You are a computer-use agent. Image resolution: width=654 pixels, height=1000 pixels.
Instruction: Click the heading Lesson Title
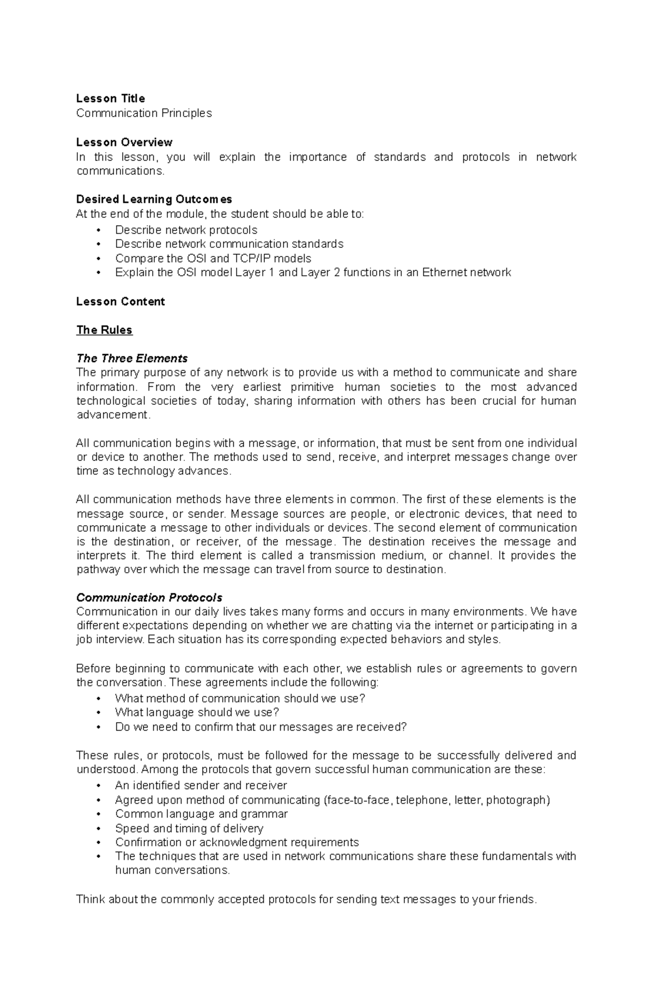(110, 99)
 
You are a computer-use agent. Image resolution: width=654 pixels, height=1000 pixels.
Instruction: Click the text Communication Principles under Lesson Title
(144, 113)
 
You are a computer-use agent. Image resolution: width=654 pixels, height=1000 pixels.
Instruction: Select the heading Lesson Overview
(124, 142)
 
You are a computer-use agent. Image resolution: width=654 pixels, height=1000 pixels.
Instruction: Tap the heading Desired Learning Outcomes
(154, 199)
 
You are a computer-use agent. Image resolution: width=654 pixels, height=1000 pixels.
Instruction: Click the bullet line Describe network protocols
(186, 230)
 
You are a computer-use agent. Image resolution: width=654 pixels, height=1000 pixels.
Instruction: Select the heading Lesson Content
(120, 301)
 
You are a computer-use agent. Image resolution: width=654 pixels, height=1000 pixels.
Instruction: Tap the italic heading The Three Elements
(132, 359)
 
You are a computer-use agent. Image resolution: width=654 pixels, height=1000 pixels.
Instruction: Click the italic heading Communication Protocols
(149, 597)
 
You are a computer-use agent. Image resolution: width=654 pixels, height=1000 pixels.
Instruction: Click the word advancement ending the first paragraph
(112, 415)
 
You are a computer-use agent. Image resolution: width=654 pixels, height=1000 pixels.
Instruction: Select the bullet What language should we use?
(197, 712)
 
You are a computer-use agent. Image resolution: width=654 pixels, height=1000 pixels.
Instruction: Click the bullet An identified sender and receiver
(201, 785)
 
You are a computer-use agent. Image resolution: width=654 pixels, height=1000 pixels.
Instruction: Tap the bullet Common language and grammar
(201, 814)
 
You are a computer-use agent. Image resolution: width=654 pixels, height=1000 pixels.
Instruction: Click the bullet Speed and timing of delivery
(189, 828)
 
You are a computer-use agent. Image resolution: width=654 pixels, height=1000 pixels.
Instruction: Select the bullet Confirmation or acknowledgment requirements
(237, 843)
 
